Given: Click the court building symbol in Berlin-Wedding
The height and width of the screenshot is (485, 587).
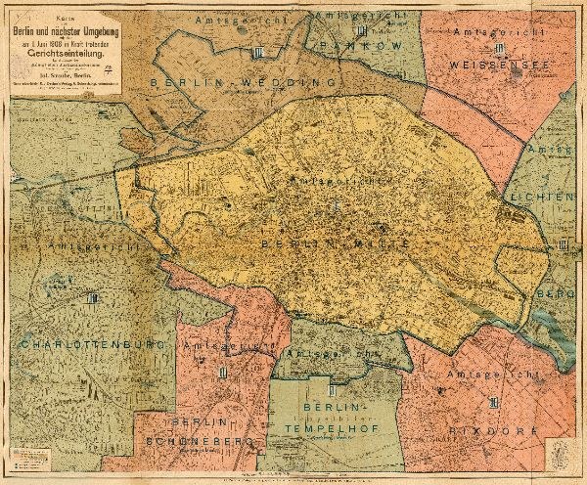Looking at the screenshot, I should tap(257, 53).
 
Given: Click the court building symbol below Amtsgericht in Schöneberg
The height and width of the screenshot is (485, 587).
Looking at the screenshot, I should tap(224, 371).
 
